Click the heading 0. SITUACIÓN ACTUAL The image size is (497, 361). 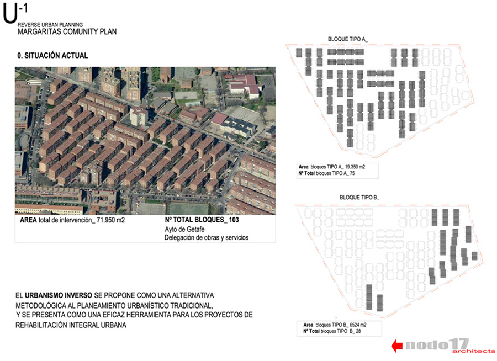click(52, 56)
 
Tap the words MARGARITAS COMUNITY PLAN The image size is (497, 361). click(67, 32)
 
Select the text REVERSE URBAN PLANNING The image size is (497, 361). click(50, 25)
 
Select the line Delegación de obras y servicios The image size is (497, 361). click(207, 238)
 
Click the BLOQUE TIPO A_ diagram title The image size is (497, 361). click(347, 39)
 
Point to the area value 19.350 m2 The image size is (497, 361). click(355, 166)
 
